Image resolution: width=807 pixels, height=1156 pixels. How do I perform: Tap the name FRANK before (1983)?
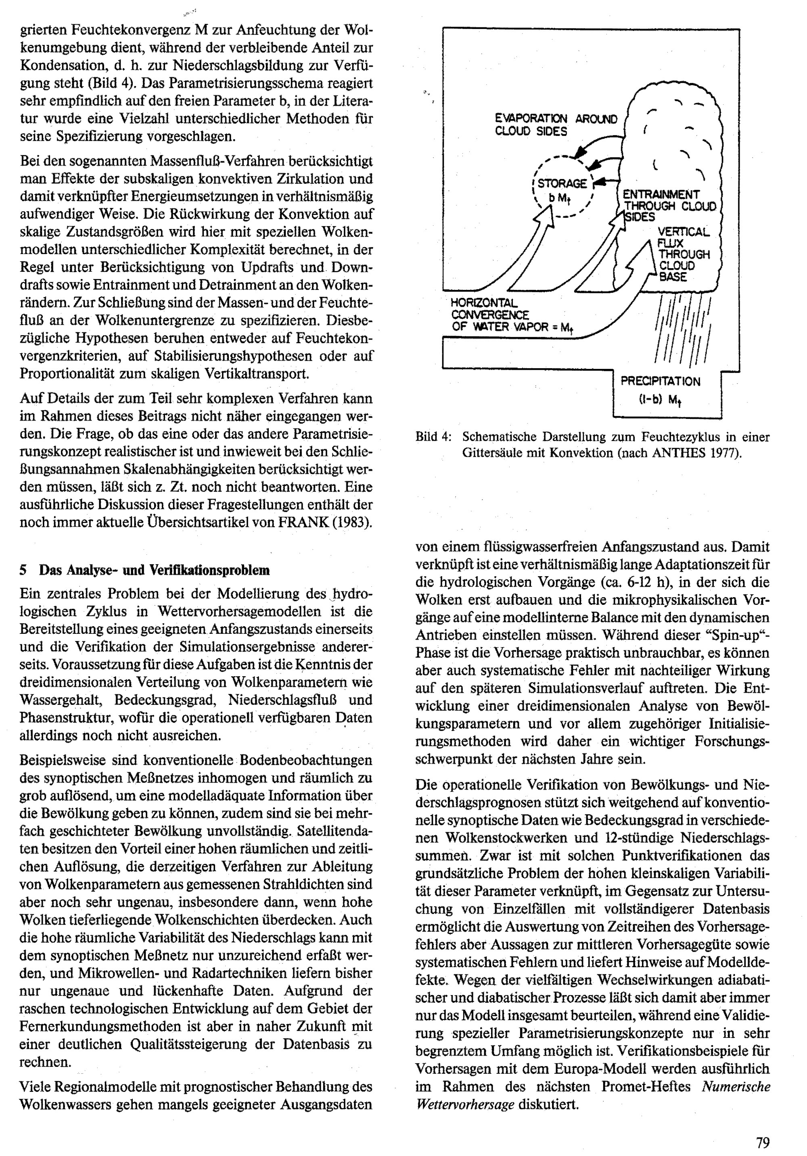click(304, 522)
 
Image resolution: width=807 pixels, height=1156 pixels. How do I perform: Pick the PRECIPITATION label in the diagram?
click(660, 381)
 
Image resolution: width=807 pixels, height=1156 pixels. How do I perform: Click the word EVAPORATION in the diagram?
click(531, 119)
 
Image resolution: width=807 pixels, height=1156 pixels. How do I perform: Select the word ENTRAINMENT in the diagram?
click(661, 194)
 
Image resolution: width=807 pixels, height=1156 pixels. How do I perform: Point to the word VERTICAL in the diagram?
click(683, 232)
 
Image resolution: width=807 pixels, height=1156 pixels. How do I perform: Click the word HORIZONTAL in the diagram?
click(484, 303)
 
